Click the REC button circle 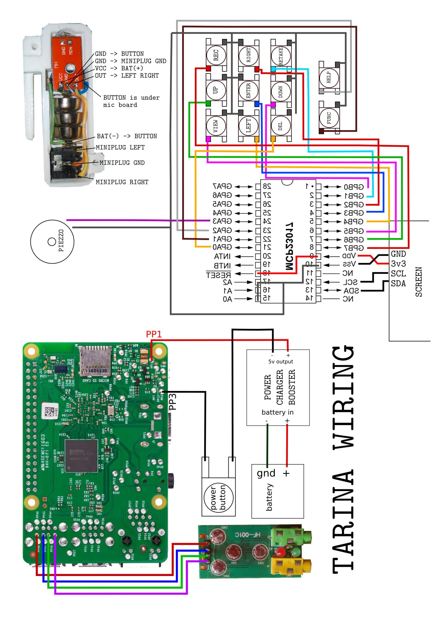click(x=216, y=55)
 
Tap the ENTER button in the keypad click(x=248, y=90)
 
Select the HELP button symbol click(x=329, y=77)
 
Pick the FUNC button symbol click(x=329, y=118)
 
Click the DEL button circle click(x=281, y=126)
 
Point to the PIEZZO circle click(x=52, y=242)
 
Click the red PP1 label click(x=154, y=334)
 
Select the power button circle click(x=218, y=497)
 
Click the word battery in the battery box click(x=269, y=497)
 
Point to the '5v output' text click(x=281, y=362)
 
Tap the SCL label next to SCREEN click(x=398, y=274)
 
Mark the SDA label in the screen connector click(x=398, y=283)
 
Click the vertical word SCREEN click(x=419, y=282)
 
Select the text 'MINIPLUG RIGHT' click(x=122, y=182)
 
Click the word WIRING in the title click(x=343, y=397)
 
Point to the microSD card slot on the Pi click(x=95, y=362)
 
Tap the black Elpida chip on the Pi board click(x=81, y=456)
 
